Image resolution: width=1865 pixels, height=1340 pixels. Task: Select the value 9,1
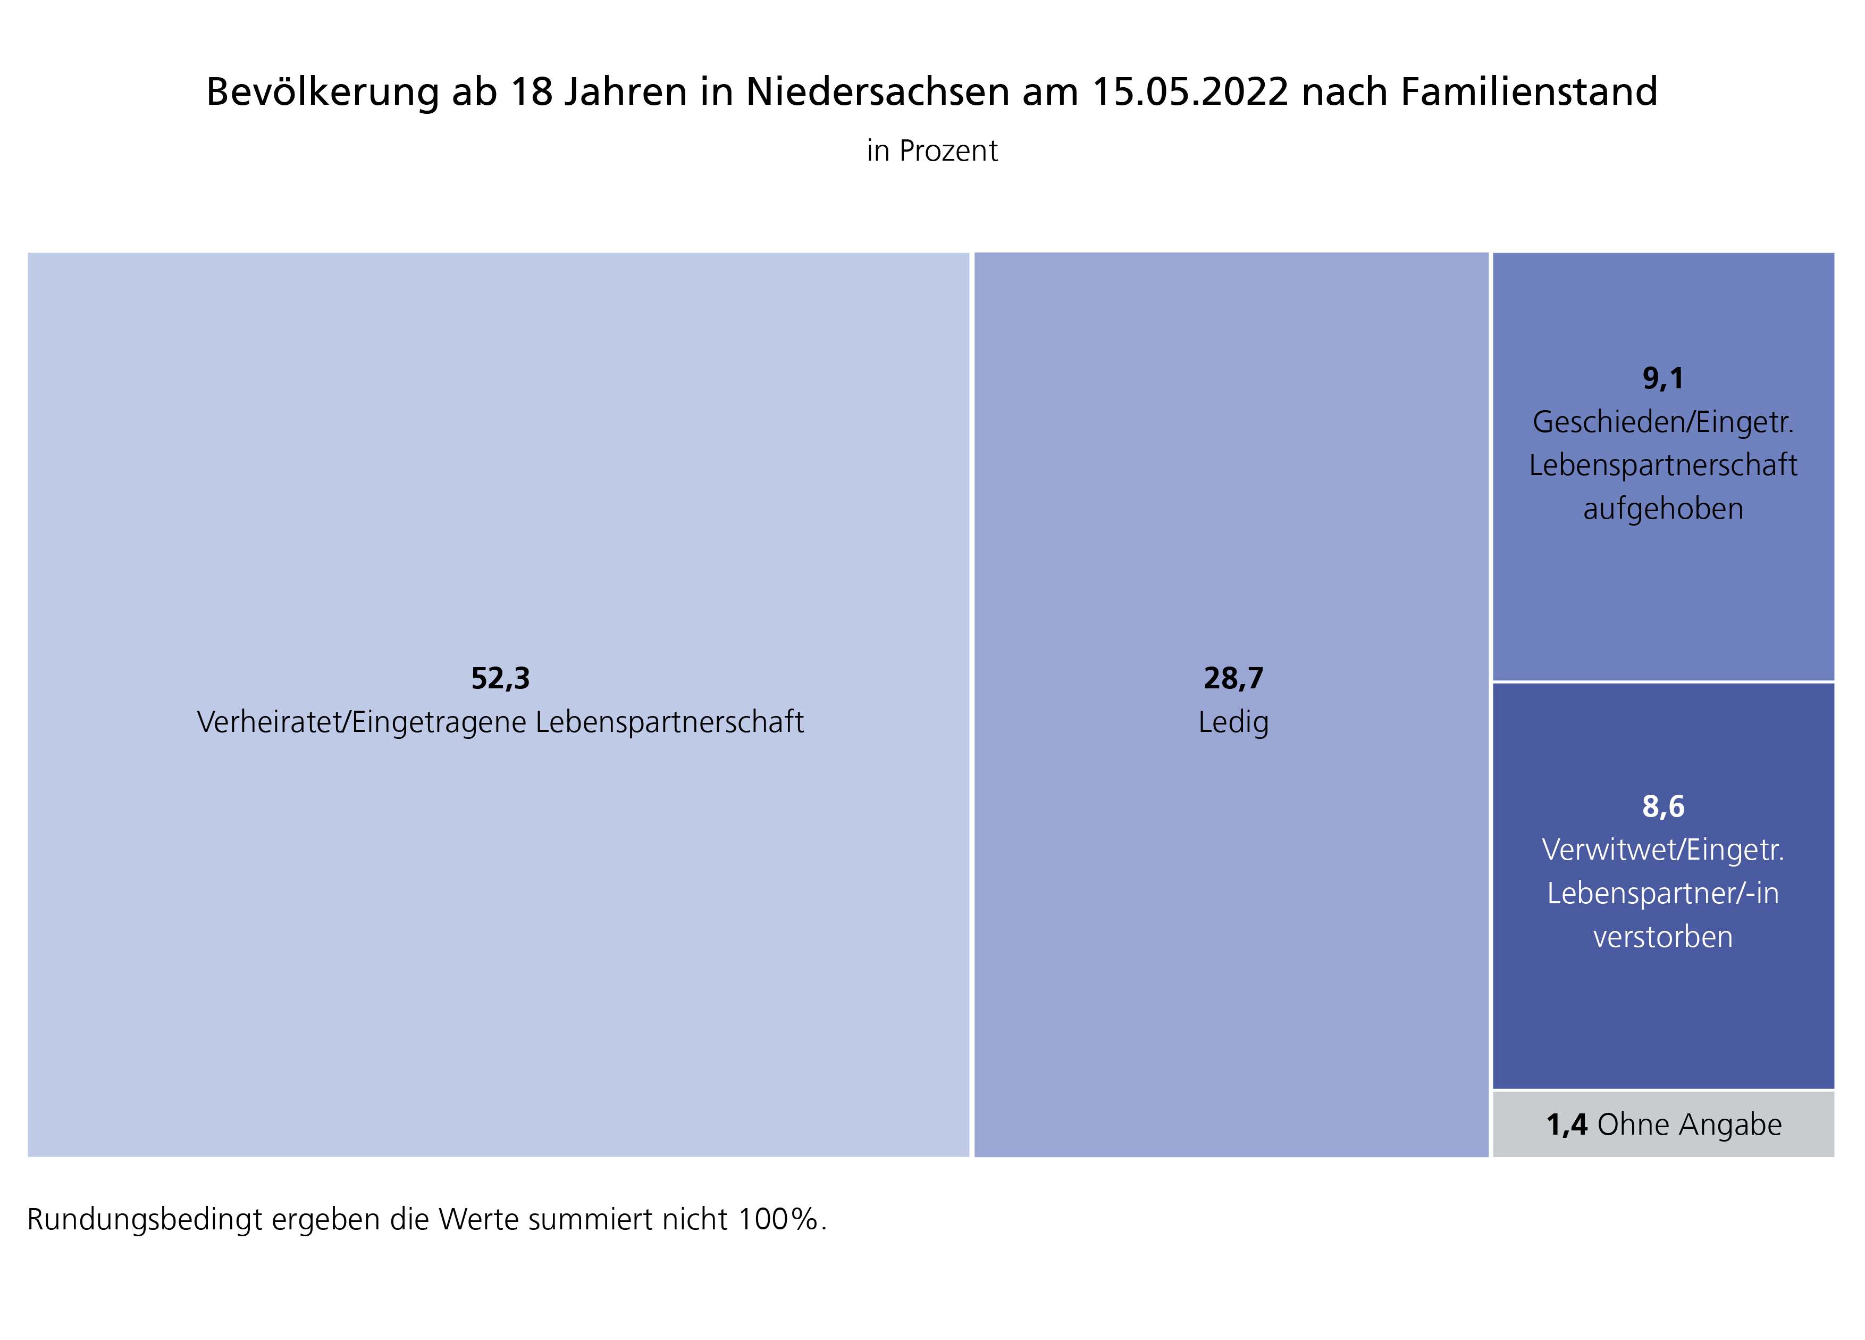point(1663,378)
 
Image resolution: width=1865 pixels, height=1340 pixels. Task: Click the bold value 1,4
point(1567,1125)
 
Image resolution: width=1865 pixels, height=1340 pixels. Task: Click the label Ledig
point(1233,722)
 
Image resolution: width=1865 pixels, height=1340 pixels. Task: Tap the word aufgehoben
point(1663,509)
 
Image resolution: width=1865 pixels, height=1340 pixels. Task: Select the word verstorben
point(1663,937)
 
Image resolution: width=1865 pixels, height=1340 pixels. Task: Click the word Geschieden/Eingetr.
point(1663,422)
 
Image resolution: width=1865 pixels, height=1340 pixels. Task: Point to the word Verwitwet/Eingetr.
point(1663,850)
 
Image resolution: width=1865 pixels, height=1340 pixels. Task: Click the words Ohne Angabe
point(1689,1125)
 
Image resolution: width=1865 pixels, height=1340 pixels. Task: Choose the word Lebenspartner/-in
point(1663,893)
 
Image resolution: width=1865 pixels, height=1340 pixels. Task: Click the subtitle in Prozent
point(931,152)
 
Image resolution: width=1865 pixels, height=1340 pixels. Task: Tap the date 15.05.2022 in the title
point(1190,92)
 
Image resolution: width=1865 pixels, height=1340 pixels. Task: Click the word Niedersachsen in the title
point(877,92)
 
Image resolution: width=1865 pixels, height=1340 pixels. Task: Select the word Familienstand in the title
point(1528,92)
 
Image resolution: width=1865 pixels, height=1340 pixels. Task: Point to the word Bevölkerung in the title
point(322,92)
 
